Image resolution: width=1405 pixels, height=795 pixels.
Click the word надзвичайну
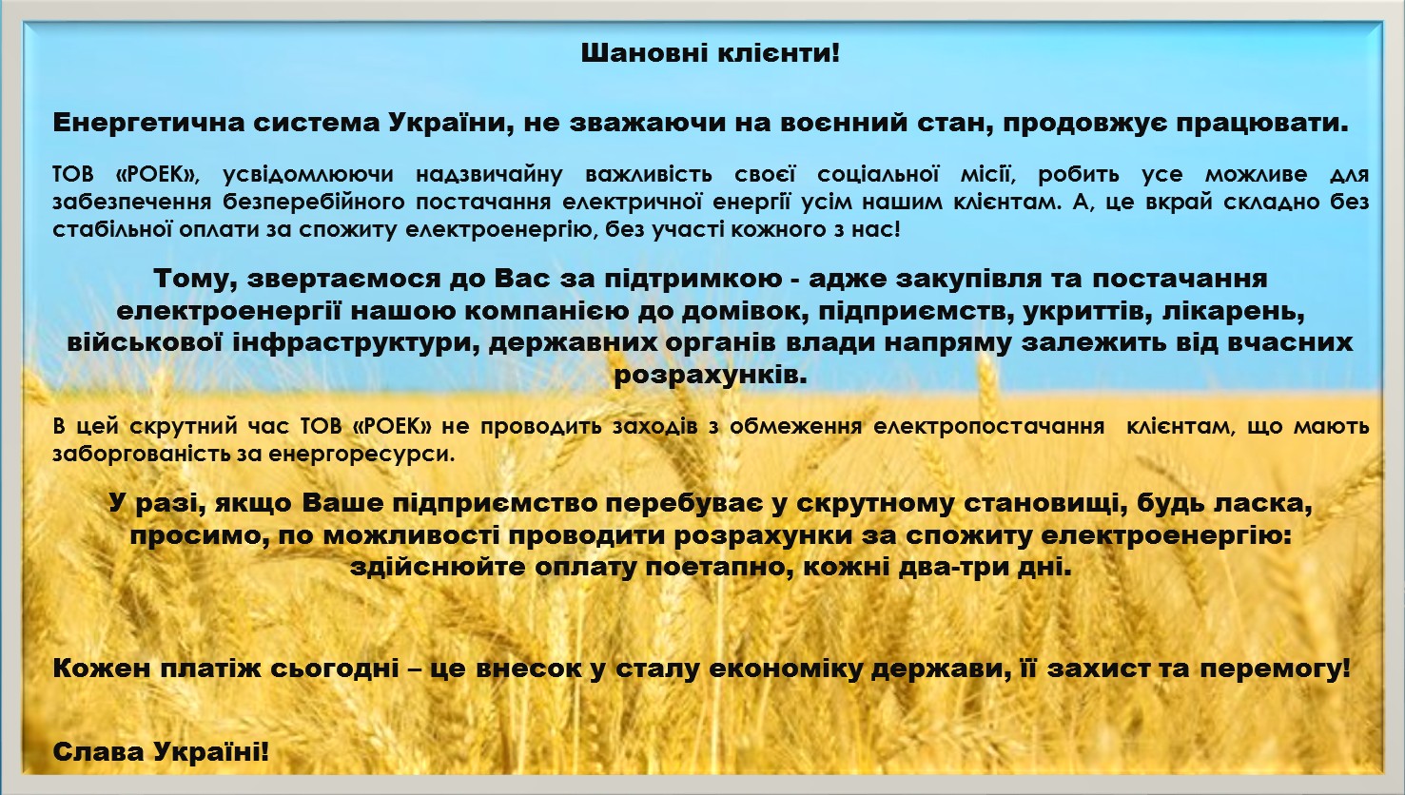pos(489,174)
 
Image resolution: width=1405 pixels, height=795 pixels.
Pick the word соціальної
pos(878,174)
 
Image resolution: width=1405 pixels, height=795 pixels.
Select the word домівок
pos(745,311)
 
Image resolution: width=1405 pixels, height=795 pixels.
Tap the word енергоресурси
pos(361,454)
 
